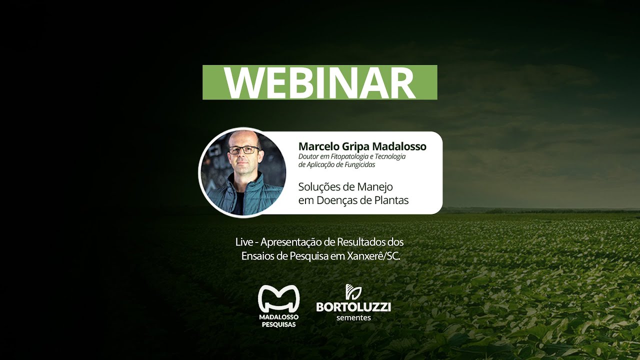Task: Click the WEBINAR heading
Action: point(319,82)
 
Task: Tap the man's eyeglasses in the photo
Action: point(244,149)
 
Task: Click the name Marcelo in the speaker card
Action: point(318,146)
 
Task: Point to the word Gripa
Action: point(355,146)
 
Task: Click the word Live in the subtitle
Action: point(244,242)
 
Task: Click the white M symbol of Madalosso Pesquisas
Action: point(278,298)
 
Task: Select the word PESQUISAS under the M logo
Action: point(278,324)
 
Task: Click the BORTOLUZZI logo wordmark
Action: point(353,306)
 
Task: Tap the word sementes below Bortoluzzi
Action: point(353,317)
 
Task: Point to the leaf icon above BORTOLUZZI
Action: point(353,291)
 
